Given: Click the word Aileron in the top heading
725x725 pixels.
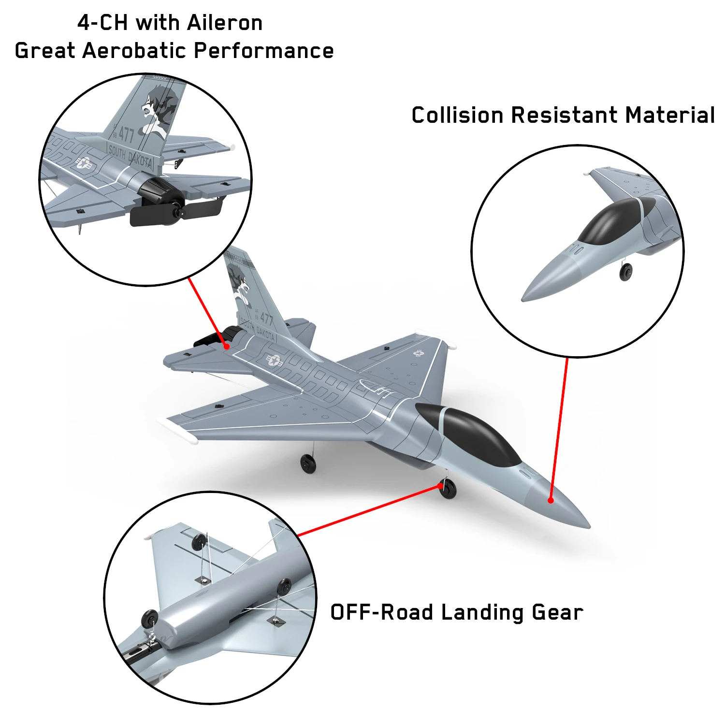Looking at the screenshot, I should pyautogui.click(x=225, y=23).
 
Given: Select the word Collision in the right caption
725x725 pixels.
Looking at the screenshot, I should pyautogui.click(x=457, y=115).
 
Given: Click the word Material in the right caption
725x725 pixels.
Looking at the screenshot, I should pyautogui.click(x=670, y=115).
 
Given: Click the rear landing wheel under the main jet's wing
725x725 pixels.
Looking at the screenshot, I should pyautogui.click(x=308, y=464).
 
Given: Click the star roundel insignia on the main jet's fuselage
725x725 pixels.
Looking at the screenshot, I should pyautogui.click(x=274, y=360).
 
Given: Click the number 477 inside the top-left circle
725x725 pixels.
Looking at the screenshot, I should pyautogui.click(x=126, y=134).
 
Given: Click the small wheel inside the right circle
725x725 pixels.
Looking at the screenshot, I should pyautogui.click(x=626, y=272).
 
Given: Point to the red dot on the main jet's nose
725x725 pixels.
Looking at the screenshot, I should pyautogui.click(x=551, y=500).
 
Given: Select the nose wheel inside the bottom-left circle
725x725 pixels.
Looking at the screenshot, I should pyautogui.click(x=150, y=620).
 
